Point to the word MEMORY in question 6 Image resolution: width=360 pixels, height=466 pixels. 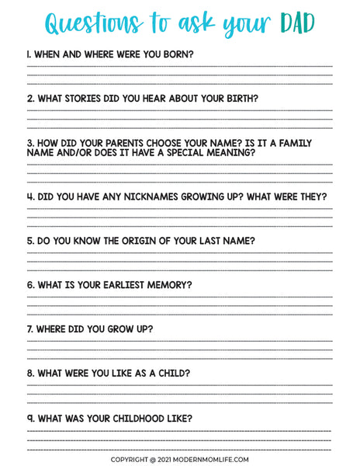[x=167, y=285]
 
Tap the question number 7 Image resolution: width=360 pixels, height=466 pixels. [x=30, y=329]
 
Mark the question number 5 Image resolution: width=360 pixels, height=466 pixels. [x=30, y=241]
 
